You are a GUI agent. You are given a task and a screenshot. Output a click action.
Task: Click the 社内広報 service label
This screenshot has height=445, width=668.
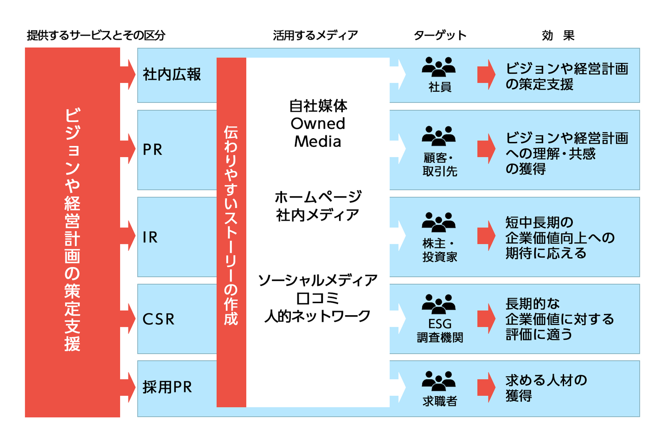point(172,75)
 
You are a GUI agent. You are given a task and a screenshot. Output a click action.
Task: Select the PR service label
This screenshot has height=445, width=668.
point(153,150)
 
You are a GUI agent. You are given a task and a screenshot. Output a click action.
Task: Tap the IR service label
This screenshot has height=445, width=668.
point(150,237)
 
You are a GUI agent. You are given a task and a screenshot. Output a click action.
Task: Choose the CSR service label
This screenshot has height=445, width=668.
point(159,319)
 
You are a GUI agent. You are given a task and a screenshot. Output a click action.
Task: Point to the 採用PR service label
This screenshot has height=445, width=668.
point(167,387)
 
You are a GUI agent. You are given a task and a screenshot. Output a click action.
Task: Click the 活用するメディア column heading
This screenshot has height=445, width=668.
point(315,36)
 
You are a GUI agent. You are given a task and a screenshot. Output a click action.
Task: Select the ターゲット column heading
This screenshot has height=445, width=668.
point(440,36)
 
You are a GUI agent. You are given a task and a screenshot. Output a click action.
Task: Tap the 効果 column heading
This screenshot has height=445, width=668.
point(558,36)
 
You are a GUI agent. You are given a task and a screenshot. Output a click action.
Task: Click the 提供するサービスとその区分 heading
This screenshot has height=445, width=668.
point(96,36)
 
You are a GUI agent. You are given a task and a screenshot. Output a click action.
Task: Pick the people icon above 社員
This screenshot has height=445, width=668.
point(439,67)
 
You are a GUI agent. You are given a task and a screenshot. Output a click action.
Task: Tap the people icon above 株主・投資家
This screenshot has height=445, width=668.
point(439,222)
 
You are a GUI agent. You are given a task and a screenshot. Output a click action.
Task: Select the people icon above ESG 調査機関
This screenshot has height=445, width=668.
point(439,304)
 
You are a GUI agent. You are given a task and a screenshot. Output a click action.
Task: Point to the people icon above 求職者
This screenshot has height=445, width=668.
point(439,381)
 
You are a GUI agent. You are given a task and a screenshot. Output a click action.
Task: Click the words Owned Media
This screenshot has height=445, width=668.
point(318,133)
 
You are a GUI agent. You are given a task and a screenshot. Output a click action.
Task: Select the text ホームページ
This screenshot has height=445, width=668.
point(318,197)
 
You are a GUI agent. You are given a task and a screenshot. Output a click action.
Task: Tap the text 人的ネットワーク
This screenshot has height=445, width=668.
point(318,316)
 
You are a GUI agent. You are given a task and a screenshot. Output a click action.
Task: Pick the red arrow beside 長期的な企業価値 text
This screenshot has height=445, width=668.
point(486,318)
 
